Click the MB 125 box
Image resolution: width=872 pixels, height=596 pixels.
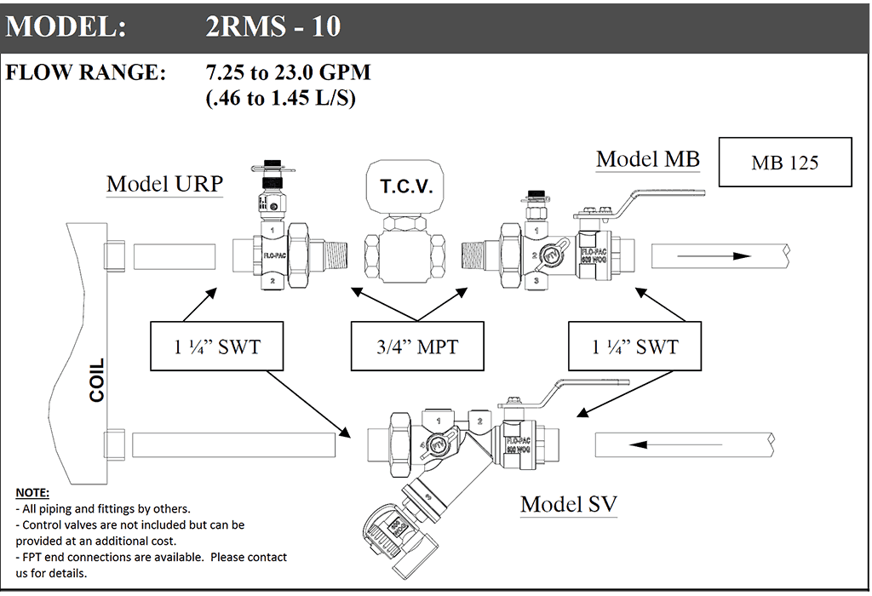[x=784, y=162]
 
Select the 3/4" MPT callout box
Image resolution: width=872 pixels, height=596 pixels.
[x=417, y=347]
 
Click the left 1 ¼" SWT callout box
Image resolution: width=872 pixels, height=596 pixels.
[x=217, y=347]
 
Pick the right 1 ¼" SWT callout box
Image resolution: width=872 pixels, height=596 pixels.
[x=635, y=347]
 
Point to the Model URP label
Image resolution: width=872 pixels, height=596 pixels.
[x=164, y=184]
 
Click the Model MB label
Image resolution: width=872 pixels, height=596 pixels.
[x=647, y=159]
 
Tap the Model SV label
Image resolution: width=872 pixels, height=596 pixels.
[x=568, y=504]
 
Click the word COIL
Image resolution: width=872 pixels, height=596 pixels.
[x=97, y=381]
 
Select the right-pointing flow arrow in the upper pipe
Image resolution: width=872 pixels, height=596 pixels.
[x=714, y=255]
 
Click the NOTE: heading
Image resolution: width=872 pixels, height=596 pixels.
[x=32, y=493]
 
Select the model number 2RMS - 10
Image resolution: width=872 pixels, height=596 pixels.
[x=272, y=26]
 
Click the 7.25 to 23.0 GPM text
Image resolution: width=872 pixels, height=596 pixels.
[x=288, y=72]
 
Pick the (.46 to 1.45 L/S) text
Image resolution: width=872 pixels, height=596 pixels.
[x=280, y=98]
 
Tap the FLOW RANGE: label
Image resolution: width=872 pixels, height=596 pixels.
[x=85, y=72]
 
